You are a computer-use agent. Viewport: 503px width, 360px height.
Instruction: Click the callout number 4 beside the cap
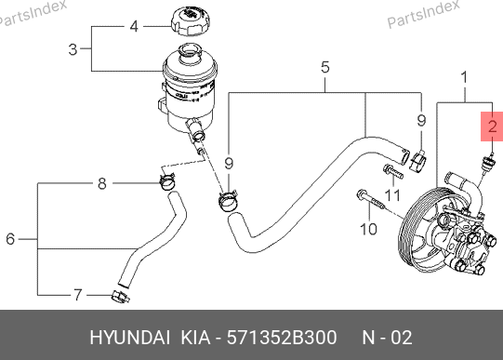coord(134,26)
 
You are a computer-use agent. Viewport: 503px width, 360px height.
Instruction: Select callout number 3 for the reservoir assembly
coord(73,49)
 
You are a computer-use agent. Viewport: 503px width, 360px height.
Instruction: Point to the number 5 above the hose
coord(325,67)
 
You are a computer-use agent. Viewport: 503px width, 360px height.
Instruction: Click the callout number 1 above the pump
coord(464,77)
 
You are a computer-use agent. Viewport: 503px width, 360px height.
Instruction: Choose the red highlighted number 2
coord(492,127)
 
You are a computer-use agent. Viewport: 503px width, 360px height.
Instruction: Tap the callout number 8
coord(101,183)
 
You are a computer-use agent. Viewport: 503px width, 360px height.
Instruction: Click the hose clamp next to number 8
coord(167,181)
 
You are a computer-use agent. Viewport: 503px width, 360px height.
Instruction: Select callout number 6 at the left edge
coord(10,239)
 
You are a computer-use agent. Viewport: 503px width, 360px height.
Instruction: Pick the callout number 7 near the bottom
coord(78,295)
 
